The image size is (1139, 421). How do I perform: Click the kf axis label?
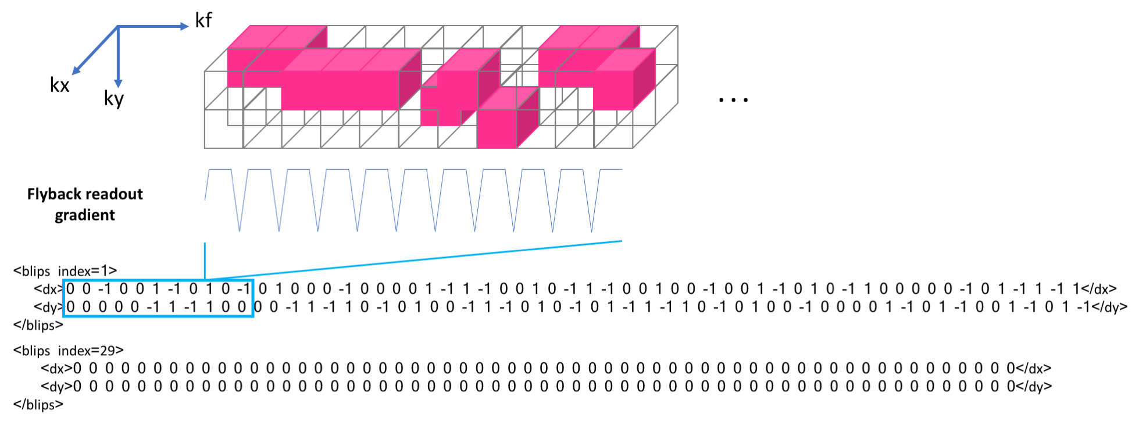(203, 21)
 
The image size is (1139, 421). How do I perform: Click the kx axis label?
(59, 86)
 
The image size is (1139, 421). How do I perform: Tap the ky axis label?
(114, 98)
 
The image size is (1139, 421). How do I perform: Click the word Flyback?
(56, 194)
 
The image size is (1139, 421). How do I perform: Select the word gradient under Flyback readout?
(85, 215)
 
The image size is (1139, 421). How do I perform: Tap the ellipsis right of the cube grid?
(733, 100)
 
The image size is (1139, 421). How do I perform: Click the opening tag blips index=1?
(65, 271)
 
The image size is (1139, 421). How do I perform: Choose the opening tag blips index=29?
(69, 351)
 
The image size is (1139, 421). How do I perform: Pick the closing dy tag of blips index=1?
(1109, 307)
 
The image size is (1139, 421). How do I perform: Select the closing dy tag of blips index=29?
(1034, 386)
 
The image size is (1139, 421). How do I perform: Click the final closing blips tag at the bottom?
(38, 405)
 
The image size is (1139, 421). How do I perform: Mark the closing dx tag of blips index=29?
(1033, 369)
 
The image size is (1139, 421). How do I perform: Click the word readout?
(116, 194)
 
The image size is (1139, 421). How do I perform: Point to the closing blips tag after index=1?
(38, 325)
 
